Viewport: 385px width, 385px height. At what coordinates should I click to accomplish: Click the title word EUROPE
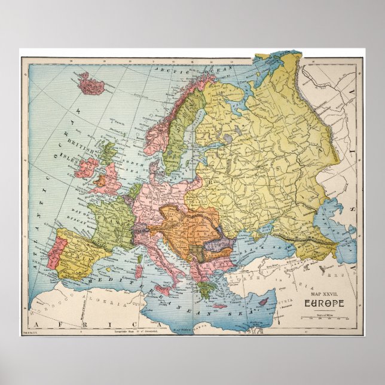pyautogui.click(x=323, y=303)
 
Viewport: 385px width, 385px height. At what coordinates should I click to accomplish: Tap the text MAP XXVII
pyautogui.click(x=323, y=294)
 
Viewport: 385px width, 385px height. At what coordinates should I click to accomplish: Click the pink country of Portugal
pyautogui.click(x=53, y=252)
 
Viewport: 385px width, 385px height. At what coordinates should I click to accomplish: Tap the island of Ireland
pyautogui.click(x=85, y=168)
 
